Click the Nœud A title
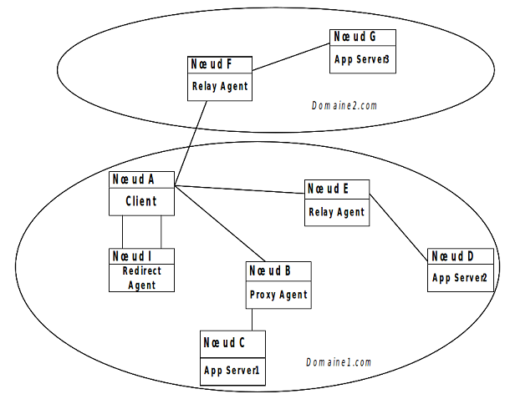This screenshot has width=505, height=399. pyautogui.click(x=135, y=179)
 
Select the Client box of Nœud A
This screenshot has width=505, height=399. pyautogui.click(x=141, y=201)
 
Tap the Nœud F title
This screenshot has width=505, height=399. pyautogui.click(x=210, y=65)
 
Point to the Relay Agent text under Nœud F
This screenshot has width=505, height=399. pyautogui.click(x=220, y=86)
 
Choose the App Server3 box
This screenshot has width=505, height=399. pyautogui.click(x=362, y=59)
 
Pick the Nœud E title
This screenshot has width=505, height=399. pyautogui.click(x=325, y=189)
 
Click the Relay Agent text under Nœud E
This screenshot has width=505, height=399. pyautogui.click(x=336, y=212)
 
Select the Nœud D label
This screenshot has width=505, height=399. pyautogui.click(x=451, y=255)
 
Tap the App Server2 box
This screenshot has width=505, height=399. pyautogui.click(x=460, y=277)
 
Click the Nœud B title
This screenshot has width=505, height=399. pyautogui.click(x=270, y=270)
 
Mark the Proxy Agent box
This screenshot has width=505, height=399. pyautogui.click(x=278, y=295)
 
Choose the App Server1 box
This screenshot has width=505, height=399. pyautogui.click(x=233, y=369)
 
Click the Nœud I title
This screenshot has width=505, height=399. pyautogui.click(x=132, y=255)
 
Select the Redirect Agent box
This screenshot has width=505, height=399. pyautogui.click(x=143, y=278)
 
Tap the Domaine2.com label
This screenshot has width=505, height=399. pyautogui.click(x=344, y=106)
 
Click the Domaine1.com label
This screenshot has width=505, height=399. pyautogui.click(x=338, y=362)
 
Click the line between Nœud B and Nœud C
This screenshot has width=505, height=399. pyautogui.click(x=252, y=321)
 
